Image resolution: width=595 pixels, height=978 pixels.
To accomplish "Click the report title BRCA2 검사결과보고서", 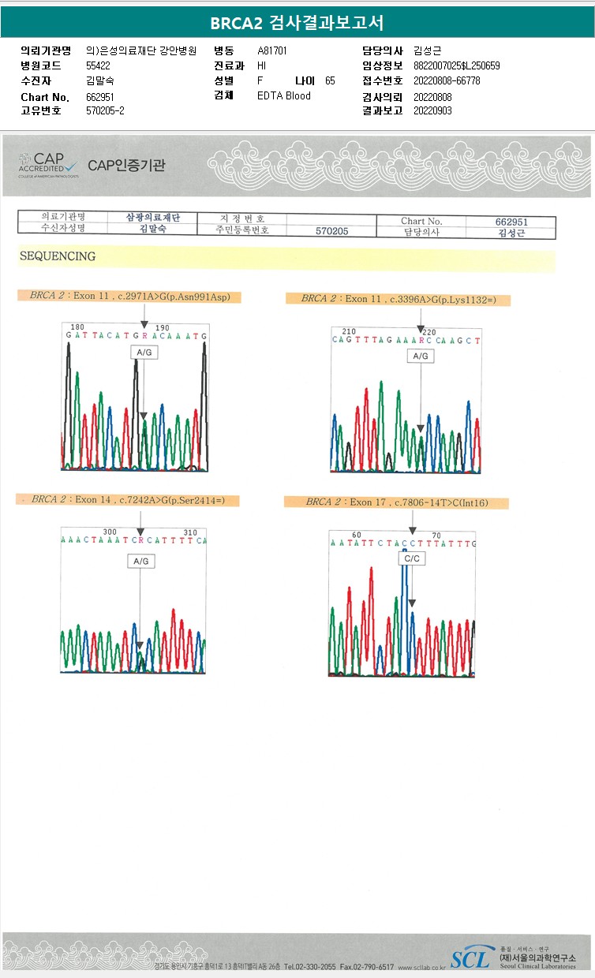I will click(x=297, y=24).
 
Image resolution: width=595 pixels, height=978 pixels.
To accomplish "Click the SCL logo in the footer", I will click(x=470, y=957).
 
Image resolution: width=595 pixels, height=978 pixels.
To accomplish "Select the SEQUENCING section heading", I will click(x=58, y=256).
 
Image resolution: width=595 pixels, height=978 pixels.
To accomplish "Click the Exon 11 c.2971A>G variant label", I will click(x=129, y=297).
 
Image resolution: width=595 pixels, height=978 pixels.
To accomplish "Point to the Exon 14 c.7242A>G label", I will click(x=127, y=500).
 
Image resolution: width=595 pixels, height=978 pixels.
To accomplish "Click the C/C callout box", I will click(x=412, y=558).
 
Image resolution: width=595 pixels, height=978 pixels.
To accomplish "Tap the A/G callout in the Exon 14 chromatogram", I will click(x=140, y=561).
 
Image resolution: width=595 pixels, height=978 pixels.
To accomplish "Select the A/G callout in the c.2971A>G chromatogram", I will click(x=144, y=353).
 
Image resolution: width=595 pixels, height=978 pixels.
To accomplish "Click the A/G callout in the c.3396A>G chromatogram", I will click(x=421, y=356).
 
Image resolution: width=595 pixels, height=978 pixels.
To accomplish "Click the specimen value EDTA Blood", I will click(x=284, y=96).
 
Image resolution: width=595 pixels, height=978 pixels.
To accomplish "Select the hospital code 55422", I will click(x=98, y=65).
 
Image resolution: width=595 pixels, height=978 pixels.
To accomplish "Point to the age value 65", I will click(x=330, y=80).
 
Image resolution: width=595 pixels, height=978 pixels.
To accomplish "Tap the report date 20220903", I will click(x=432, y=111).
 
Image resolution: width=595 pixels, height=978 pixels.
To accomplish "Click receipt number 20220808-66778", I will click(x=447, y=80).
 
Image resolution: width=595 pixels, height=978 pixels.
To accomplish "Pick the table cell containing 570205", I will click(x=331, y=231).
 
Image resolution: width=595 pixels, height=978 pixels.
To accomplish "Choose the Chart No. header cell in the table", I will click(x=421, y=222).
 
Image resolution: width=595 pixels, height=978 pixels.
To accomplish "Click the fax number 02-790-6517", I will click(x=367, y=967).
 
